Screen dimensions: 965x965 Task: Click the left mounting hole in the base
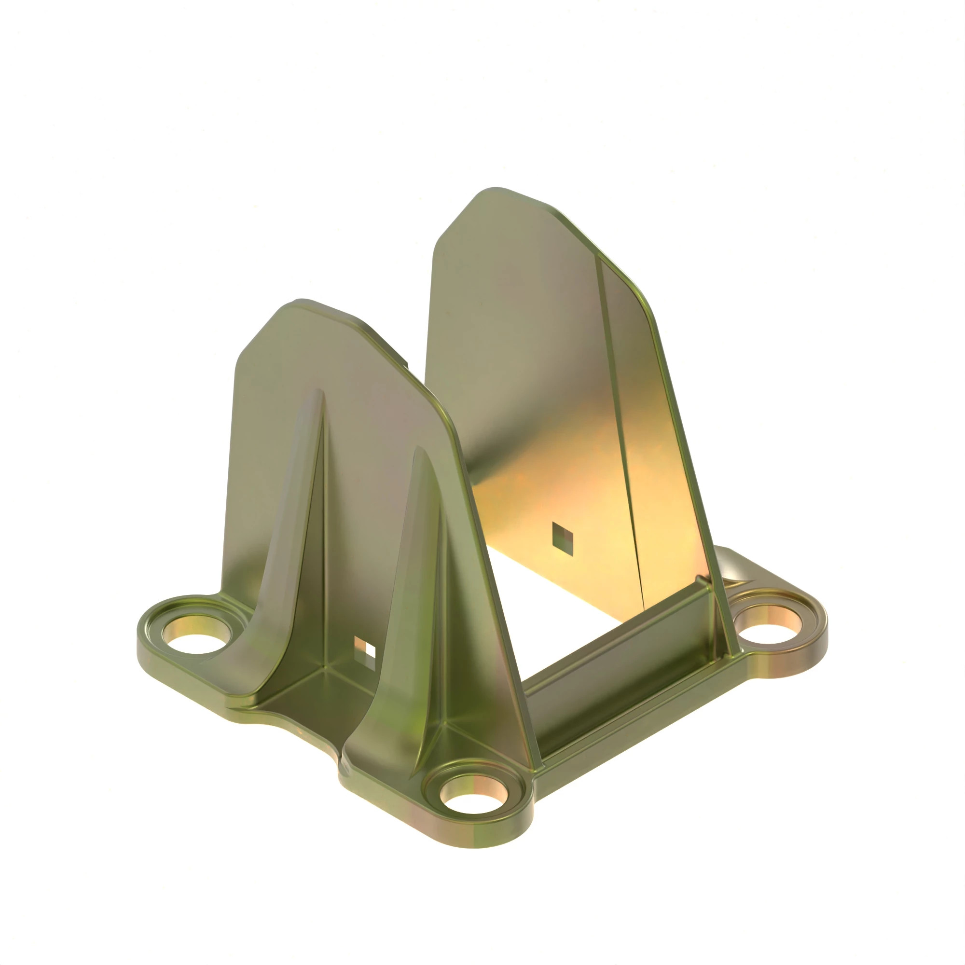tap(196, 638)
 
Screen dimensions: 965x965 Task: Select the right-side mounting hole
tap(764, 624)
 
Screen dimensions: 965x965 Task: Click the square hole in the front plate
tap(365, 651)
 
